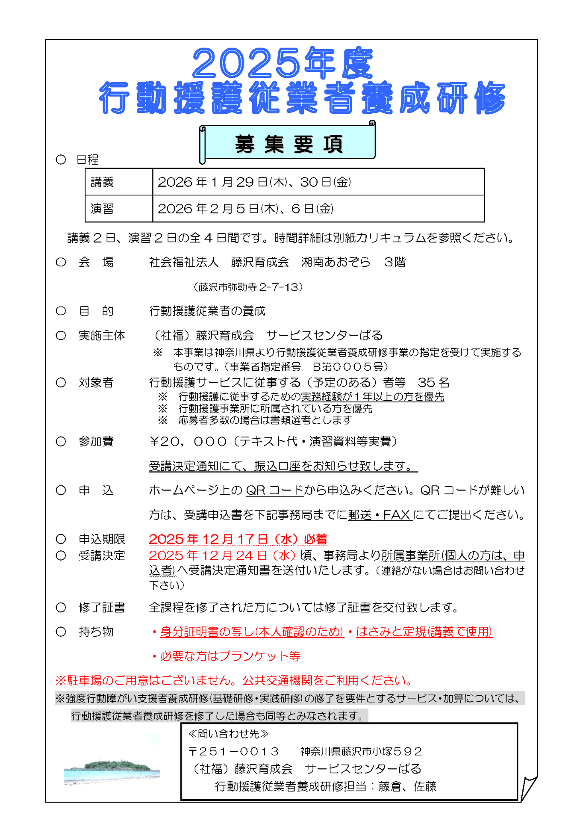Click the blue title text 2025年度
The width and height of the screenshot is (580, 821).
click(x=283, y=63)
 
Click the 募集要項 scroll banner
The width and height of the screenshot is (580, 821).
click(x=288, y=144)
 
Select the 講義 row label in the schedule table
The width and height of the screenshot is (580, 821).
click(x=102, y=182)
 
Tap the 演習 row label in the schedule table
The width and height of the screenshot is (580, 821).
click(x=102, y=209)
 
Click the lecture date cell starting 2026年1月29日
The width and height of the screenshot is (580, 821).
click(x=254, y=182)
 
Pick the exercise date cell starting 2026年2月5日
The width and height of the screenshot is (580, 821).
click(x=245, y=209)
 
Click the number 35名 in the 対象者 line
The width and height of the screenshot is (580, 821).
click(x=433, y=382)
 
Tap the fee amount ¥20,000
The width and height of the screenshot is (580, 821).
click(x=187, y=441)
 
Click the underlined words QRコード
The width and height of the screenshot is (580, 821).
click(x=274, y=490)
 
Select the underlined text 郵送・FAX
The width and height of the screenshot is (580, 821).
click(x=380, y=515)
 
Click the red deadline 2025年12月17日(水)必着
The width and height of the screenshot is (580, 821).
click(x=238, y=539)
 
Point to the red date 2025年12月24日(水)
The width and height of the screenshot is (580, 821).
click(x=222, y=555)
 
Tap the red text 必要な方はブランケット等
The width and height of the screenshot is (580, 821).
click(x=230, y=656)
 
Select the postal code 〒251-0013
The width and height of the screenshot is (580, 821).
click(x=234, y=751)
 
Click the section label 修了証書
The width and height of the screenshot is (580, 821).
click(x=102, y=607)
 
